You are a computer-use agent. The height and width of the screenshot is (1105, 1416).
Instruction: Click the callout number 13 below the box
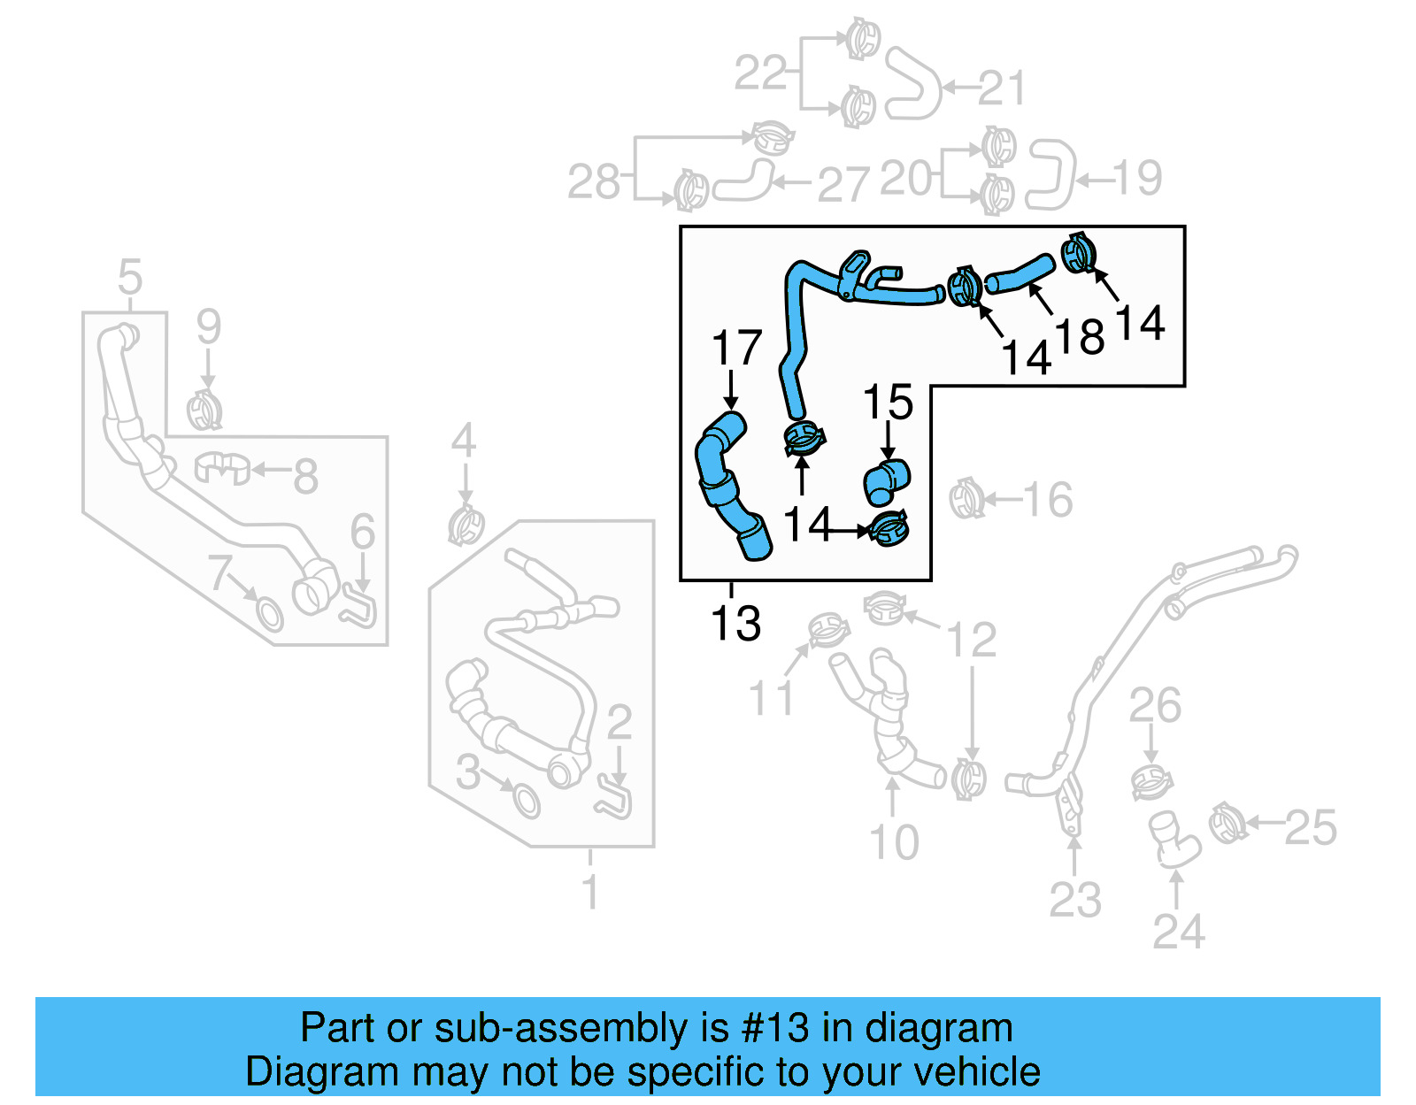[x=735, y=624]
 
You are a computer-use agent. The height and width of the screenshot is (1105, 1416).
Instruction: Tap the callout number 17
[x=736, y=349]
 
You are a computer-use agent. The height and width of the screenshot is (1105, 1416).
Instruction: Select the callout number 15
[x=888, y=403]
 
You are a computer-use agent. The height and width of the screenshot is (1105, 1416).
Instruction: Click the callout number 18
[x=1080, y=337]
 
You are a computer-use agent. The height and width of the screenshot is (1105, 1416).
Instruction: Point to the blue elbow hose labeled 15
[x=886, y=480]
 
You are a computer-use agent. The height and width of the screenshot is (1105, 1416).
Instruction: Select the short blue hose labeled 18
[x=1020, y=273]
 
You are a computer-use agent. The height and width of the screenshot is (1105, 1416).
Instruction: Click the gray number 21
[x=1000, y=88]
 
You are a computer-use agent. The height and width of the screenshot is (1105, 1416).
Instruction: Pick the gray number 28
[x=594, y=182]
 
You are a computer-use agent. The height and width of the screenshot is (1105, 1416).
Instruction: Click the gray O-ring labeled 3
[x=526, y=802]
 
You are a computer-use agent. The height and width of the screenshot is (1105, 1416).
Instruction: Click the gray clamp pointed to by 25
[x=1228, y=823]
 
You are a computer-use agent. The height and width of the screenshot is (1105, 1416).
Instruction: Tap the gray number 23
[x=1075, y=901]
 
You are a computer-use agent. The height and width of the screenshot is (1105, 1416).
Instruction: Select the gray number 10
[x=894, y=842]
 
